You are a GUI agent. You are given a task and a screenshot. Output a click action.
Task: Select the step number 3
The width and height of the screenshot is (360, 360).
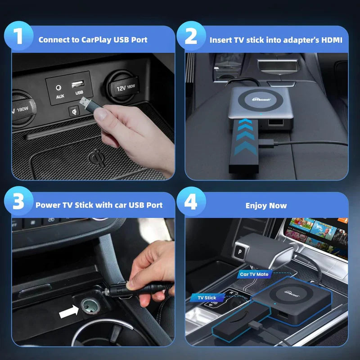pos(19,203)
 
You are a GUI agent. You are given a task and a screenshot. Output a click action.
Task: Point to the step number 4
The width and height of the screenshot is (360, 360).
pos(191,203)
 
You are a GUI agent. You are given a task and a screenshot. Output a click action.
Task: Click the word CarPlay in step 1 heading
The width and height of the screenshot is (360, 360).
pos(93,40)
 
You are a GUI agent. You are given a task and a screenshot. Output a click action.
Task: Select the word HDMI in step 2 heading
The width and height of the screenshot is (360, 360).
pos(332,40)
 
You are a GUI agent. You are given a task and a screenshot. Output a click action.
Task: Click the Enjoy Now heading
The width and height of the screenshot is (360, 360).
pos(266,206)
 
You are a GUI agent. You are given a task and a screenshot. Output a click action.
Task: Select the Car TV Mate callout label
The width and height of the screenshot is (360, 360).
pos(254,274)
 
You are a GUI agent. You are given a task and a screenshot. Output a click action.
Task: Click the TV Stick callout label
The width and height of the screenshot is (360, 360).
pos(207,297)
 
